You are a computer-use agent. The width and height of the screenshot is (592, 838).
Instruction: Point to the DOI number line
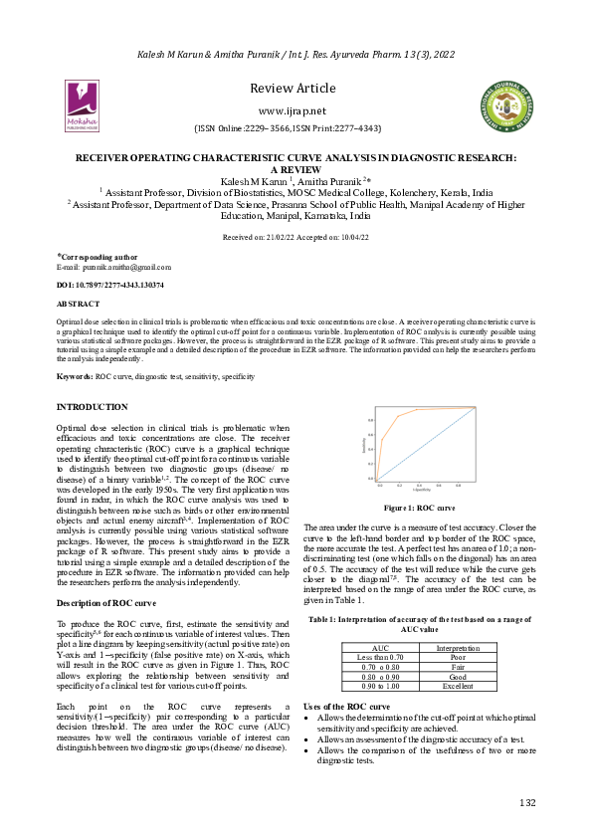pyautogui.click(x=110, y=285)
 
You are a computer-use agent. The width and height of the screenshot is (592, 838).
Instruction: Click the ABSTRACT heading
pyautogui.click(x=78, y=302)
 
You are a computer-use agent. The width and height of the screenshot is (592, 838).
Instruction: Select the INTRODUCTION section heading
pyautogui.click(x=92, y=407)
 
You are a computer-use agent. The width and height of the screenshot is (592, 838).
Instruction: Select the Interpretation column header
pyautogui.click(x=458, y=647)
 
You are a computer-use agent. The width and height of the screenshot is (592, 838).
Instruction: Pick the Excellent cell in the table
pyautogui.click(x=458, y=686)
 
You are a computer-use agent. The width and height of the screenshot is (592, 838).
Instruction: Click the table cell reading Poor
pyautogui.click(x=458, y=657)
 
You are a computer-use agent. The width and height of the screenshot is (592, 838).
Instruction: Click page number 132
pyautogui.click(x=527, y=802)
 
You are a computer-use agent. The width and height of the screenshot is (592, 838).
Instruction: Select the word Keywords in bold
pyautogui.click(x=75, y=377)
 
